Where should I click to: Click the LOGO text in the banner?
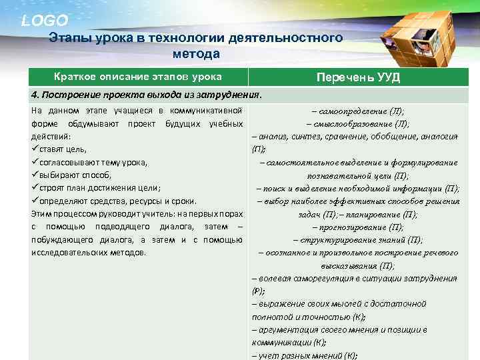pyautogui.click(x=44, y=21)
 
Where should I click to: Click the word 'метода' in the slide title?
pyautogui.click(x=195, y=53)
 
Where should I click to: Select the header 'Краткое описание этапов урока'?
pyautogui.click(x=137, y=77)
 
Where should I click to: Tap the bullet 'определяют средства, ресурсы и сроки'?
pyautogui.click(x=113, y=201)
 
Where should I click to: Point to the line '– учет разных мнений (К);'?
pyautogui.click(x=305, y=355)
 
